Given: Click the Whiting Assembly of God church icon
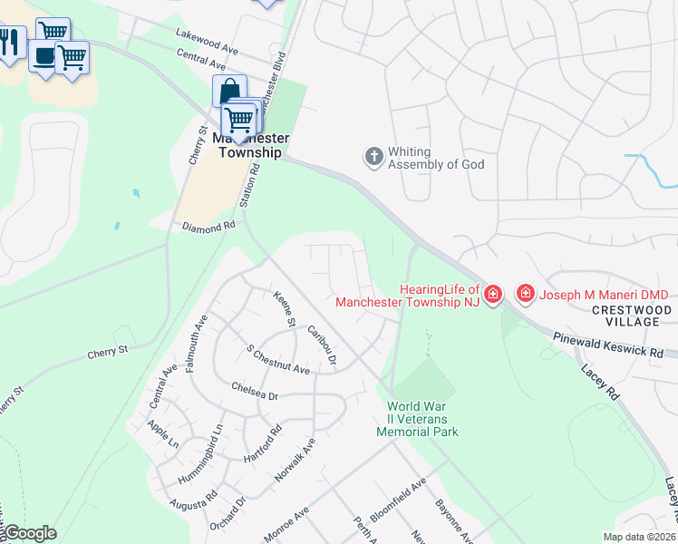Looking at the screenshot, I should (x=373, y=157).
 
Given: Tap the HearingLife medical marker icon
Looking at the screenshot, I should (x=492, y=294).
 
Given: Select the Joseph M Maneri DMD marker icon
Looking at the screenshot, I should (x=525, y=293).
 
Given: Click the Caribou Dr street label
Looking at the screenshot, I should (x=322, y=347).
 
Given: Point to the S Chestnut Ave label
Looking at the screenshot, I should (x=278, y=361).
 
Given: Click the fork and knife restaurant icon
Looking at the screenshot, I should (x=9, y=41).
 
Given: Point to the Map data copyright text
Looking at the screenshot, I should (x=639, y=537).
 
